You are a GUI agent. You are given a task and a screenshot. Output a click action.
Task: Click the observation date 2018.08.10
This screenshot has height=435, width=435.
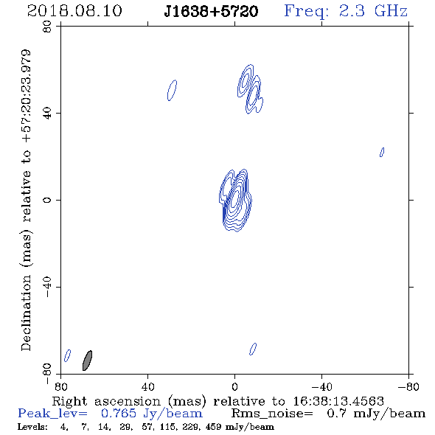click(x=74, y=11)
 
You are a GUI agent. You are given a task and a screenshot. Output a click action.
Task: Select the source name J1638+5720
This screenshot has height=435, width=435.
click(x=211, y=12)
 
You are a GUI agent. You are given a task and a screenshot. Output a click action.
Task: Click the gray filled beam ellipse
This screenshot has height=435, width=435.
click(x=87, y=361)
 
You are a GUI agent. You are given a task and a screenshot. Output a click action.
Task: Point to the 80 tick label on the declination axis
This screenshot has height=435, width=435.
click(x=47, y=27)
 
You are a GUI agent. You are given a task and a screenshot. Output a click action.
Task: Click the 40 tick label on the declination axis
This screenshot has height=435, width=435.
click(x=47, y=114)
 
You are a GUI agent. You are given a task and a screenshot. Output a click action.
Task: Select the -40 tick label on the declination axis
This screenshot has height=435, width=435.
click(x=47, y=287)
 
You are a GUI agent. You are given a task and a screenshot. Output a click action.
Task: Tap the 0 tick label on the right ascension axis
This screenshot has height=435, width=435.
click(x=234, y=386)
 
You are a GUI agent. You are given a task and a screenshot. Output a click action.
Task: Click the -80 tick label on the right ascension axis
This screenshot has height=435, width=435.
click(x=408, y=386)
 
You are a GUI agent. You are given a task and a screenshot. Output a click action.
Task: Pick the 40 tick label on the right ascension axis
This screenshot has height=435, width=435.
click(x=147, y=386)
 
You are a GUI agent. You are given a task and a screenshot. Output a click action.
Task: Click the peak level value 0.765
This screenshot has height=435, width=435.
click(x=119, y=414)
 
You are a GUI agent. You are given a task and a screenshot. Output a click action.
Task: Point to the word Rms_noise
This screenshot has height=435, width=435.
click(x=272, y=414)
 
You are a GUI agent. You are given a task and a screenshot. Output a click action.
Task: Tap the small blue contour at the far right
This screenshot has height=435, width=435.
click(x=382, y=152)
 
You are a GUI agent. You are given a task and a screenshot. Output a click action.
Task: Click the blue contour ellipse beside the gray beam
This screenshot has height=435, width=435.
click(x=67, y=355)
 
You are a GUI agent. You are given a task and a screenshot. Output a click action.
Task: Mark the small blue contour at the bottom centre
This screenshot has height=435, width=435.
click(x=253, y=349)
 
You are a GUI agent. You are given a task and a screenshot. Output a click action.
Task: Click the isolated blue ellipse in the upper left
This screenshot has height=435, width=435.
click(x=172, y=90)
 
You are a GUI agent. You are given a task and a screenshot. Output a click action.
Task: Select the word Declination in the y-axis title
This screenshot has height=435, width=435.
click(x=26, y=313)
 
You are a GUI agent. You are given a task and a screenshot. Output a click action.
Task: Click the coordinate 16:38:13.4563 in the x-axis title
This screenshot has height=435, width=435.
click(x=338, y=401)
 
